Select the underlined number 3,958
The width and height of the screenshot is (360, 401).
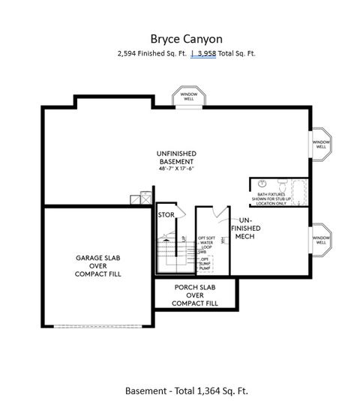pyautogui.click(x=205, y=53)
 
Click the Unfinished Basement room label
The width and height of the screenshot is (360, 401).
pyautogui.click(x=176, y=157)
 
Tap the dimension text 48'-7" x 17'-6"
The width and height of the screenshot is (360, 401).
pyautogui.click(x=176, y=169)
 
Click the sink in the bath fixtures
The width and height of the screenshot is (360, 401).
pyautogui.click(x=262, y=184)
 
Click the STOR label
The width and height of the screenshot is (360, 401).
pyautogui.click(x=166, y=215)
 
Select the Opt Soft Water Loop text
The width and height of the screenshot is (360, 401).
pyautogui.click(x=207, y=243)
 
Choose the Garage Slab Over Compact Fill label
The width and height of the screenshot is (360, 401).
pyautogui.click(x=98, y=265)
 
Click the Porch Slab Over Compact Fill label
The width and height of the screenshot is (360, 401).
pyautogui.click(x=195, y=295)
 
